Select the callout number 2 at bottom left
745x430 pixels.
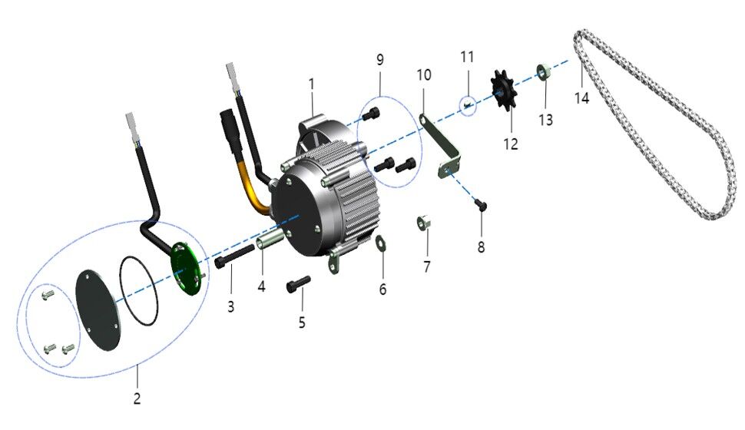pos(137,398)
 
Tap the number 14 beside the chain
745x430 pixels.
pos(581,99)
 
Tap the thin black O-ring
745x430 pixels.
pos(139,293)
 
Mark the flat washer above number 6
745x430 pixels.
pos(381,246)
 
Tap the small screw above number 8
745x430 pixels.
pos(482,203)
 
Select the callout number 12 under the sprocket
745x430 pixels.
pos(511,144)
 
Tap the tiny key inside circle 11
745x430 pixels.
pos(468,104)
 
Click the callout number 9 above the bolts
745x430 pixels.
pos(379,59)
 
